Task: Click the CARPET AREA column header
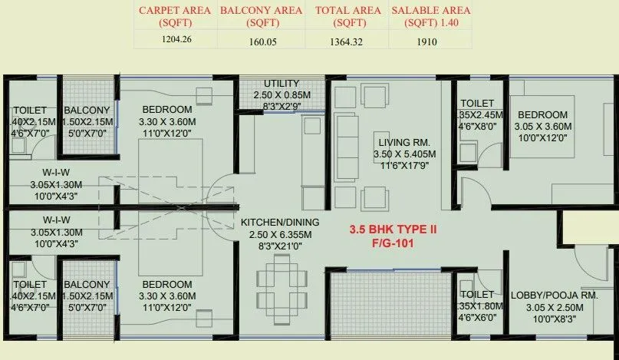175,16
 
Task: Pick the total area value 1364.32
347,42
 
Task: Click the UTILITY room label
282,84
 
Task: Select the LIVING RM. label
404,142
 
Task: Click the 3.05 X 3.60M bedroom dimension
547,127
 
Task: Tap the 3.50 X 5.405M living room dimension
403,154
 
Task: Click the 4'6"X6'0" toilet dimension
479,317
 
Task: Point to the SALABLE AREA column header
430,16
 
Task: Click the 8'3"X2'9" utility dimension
282,107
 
